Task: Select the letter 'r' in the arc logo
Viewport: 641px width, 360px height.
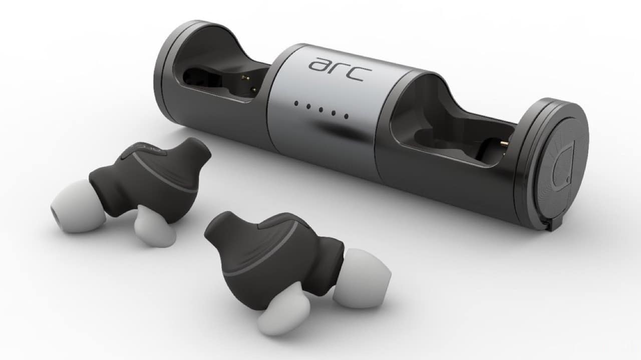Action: tap(341, 69)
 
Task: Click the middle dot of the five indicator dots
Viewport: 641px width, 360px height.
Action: tap(321, 110)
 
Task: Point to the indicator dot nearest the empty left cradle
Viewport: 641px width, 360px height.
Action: tap(295, 103)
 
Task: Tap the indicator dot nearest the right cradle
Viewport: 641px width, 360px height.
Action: tap(346, 116)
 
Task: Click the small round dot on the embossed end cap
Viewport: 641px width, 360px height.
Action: tap(568, 180)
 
